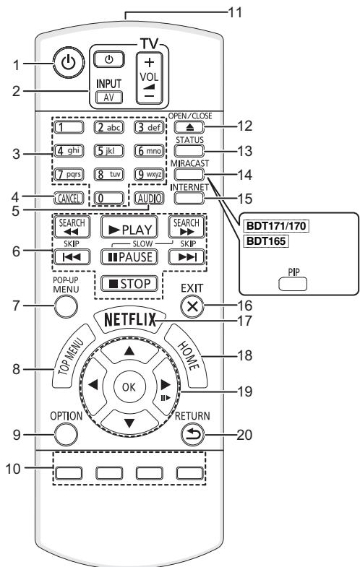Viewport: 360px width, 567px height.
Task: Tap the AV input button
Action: point(109,97)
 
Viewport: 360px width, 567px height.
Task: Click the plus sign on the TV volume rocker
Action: point(149,63)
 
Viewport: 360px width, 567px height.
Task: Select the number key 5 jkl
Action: point(109,150)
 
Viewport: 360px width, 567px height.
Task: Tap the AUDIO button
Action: point(149,198)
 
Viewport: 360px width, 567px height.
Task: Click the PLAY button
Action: point(129,228)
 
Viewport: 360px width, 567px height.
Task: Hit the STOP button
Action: point(129,283)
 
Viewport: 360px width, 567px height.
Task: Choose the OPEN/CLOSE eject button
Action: point(189,127)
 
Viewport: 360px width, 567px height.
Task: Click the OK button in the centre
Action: point(129,386)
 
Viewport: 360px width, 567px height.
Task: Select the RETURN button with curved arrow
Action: point(192,434)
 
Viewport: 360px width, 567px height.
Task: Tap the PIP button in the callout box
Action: point(293,284)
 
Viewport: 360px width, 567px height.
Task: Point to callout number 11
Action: point(235,13)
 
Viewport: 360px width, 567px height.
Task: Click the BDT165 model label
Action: point(266,241)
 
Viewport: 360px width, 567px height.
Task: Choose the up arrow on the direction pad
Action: point(129,350)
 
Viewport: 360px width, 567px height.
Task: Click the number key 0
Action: point(109,198)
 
